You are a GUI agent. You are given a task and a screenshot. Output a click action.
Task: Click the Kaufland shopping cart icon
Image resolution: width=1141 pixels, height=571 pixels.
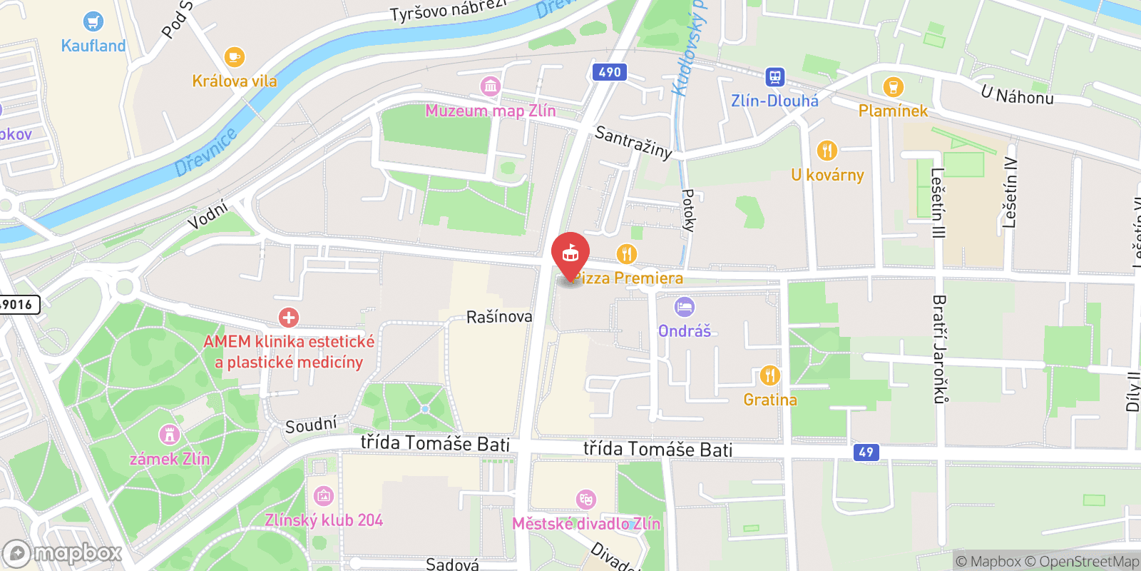pos(93,21)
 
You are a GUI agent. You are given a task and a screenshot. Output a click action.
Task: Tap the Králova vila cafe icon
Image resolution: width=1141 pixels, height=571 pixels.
pos(234,56)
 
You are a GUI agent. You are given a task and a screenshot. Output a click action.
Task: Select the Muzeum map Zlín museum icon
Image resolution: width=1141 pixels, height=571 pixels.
pos(490,86)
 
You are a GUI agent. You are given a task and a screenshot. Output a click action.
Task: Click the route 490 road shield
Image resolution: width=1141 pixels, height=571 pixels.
pos(609,72)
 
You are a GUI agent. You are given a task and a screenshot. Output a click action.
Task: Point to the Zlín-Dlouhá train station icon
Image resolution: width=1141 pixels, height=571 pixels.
pos(775,76)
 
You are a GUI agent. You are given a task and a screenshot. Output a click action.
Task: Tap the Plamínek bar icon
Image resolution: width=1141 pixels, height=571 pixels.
pos(893,87)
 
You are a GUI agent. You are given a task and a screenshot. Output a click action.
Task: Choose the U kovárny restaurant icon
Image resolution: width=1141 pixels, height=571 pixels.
pos(827,151)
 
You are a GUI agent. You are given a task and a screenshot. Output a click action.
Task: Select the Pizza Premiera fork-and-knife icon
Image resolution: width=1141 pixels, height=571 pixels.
pos(626,253)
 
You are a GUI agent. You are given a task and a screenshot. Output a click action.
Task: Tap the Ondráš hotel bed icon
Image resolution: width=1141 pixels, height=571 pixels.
pos(684,307)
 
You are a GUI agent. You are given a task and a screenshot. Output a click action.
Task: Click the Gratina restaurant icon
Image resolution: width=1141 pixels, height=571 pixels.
pos(769,375)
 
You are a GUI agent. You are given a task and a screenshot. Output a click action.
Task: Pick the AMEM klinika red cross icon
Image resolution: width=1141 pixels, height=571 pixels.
pos(289,318)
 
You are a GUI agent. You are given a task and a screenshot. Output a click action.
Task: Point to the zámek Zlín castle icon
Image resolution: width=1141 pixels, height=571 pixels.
pos(169,434)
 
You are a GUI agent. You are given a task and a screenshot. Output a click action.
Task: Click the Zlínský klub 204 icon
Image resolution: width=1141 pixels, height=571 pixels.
pos(323,495)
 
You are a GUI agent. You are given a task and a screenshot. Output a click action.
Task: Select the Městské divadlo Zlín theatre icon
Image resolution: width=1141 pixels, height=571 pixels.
pos(586,499)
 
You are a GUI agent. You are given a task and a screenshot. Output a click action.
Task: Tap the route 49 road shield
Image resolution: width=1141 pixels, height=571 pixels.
pos(866,452)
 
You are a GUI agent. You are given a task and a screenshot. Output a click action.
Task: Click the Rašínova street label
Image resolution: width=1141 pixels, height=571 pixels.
pos(499,316)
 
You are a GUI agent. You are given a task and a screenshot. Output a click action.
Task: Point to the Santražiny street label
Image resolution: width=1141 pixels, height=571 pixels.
pos(633,142)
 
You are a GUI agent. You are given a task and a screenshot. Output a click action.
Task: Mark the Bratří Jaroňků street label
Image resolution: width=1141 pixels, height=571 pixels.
pos(940,349)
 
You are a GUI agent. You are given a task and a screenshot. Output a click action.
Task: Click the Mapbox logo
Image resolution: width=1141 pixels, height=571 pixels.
pos(63,553)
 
